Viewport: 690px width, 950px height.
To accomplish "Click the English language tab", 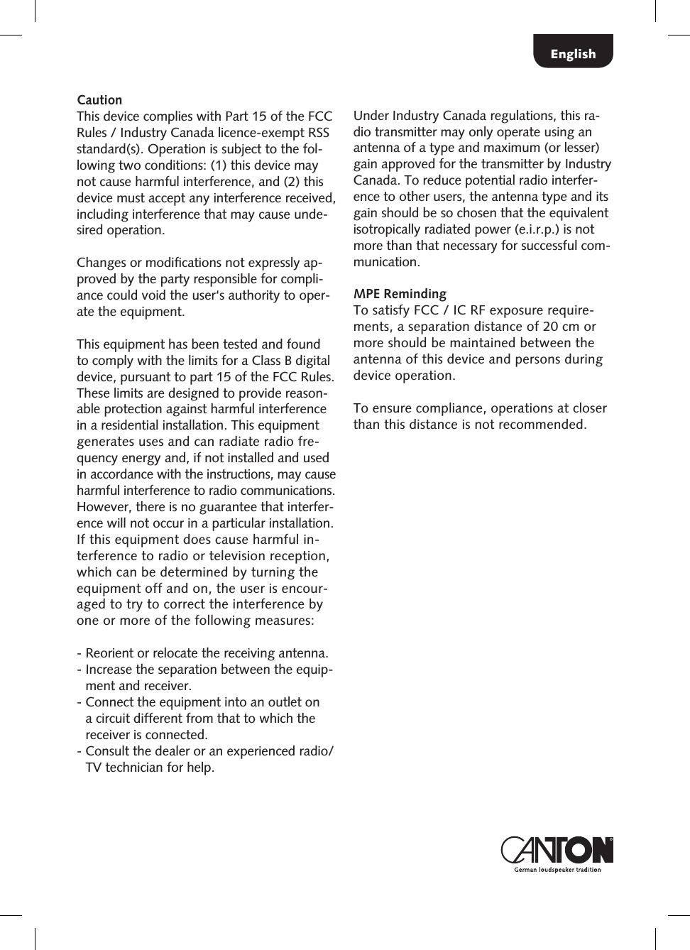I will (x=573, y=54).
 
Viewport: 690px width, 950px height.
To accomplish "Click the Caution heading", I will (x=99, y=100).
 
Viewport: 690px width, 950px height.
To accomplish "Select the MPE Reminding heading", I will (x=400, y=294).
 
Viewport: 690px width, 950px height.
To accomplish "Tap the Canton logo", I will (x=557, y=850).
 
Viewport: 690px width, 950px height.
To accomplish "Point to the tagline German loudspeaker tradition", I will (x=557, y=870).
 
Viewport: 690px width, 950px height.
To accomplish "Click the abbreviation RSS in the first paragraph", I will (x=318, y=133).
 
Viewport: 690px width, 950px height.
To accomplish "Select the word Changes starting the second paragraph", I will (x=102, y=263).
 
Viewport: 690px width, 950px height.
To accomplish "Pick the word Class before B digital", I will (x=266, y=361).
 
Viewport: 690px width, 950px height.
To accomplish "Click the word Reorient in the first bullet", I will (x=109, y=653).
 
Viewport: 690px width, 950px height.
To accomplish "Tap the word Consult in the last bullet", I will (x=107, y=751).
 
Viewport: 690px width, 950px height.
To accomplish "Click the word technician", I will (x=134, y=768).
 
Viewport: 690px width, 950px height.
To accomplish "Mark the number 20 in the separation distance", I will (x=550, y=327).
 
